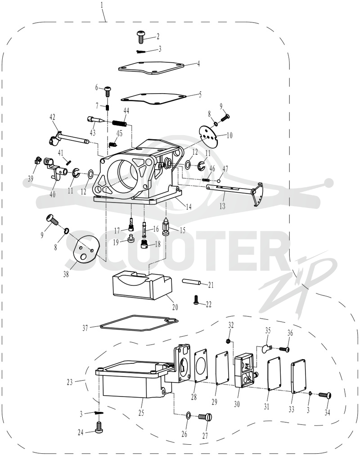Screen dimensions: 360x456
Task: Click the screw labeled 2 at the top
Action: pos(141,37)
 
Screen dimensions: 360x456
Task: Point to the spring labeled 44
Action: pos(119,123)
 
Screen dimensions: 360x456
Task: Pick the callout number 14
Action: pos(189,206)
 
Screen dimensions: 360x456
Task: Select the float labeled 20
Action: pos(142,286)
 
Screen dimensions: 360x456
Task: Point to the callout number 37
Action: pos(85,328)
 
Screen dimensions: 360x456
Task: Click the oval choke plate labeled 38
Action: pos(86,251)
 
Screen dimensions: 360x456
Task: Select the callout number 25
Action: pos(141,413)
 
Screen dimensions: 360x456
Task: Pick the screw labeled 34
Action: pos(325,395)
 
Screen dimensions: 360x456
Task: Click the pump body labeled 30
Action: pos(245,372)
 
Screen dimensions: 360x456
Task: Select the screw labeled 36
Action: pos(284,348)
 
